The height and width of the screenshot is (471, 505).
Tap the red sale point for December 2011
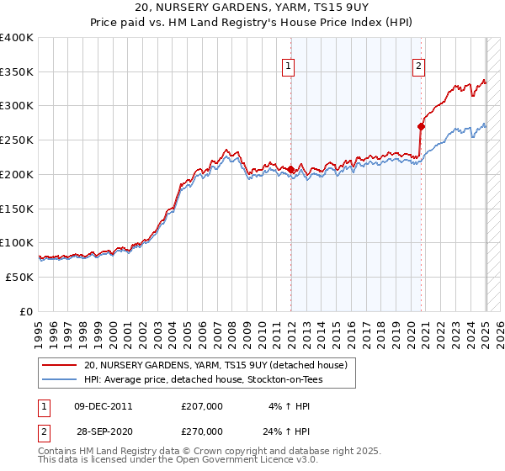[291, 170]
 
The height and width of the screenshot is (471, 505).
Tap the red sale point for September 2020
[422, 127]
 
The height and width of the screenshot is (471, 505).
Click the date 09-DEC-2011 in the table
[104, 406]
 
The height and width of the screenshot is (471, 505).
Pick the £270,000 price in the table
[202, 431]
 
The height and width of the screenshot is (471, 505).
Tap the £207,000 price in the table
[202, 406]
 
